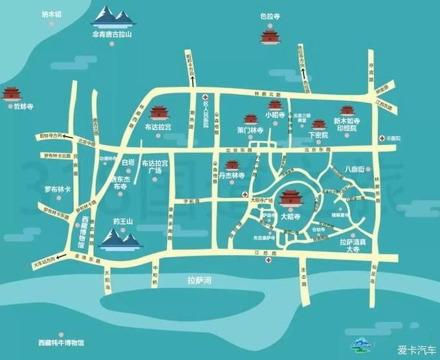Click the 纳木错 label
coord(50,14)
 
